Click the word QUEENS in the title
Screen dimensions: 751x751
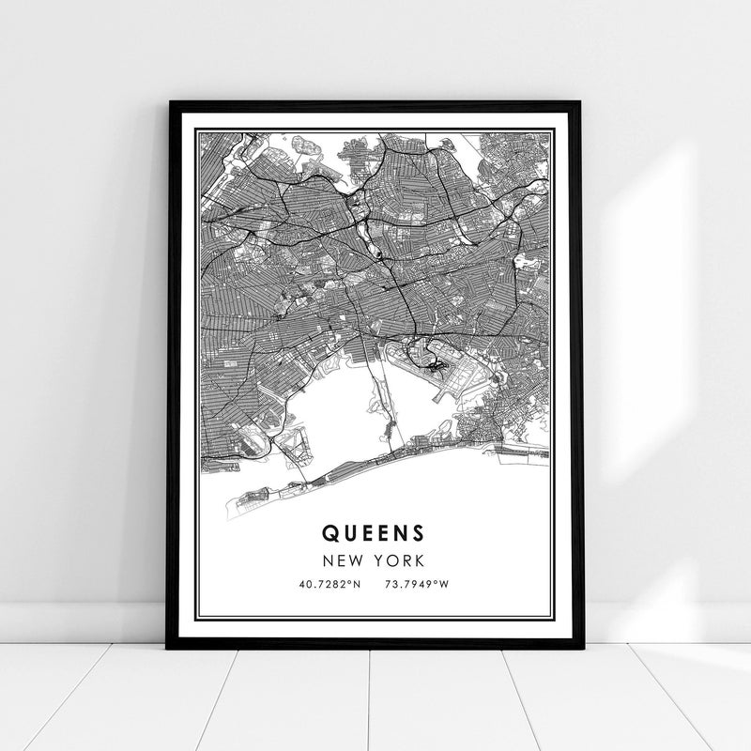(374, 532)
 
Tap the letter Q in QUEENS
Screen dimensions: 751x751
(330, 532)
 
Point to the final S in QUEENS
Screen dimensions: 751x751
(418, 532)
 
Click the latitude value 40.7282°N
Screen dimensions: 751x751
(329, 585)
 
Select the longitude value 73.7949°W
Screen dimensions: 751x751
(416, 585)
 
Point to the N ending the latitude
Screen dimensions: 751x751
(356, 585)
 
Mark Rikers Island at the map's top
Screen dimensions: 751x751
(306, 146)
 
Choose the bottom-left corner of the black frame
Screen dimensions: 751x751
(169, 647)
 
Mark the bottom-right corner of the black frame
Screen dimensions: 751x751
(583, 647)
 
